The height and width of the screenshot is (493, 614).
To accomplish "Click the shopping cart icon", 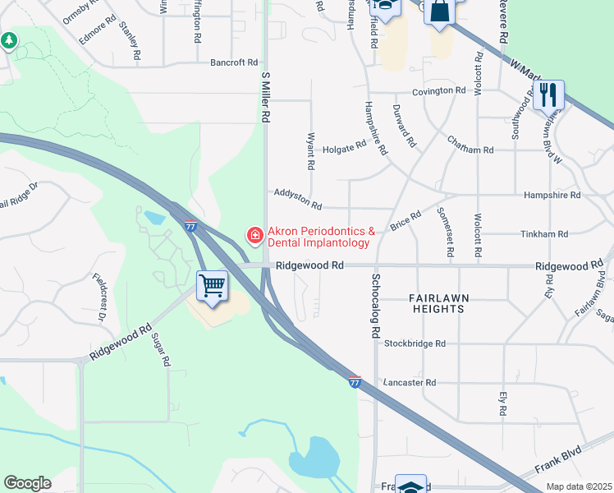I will pyautogui.click(x=213, y=287).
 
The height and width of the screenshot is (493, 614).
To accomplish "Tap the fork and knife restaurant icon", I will pyautogui.click(x=548, y=94).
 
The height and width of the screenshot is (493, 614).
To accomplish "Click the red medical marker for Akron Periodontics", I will pyautogui.click(x=255, y=236).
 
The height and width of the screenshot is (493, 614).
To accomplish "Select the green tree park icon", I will pyautogui.click(x=9, y=39).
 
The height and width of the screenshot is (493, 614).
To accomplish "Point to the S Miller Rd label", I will pyautogui.click(x=265, y=97).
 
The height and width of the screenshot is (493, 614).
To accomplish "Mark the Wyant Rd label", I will pyautogui.click(x=310, y=151).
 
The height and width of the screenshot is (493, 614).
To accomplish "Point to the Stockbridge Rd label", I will pyautogui.click(x=415, y=343).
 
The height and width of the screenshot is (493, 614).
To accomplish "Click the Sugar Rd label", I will pyautogui.click(x=161, y=350).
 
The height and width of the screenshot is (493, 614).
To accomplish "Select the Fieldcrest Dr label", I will pyautogui.click(x=100, y=297).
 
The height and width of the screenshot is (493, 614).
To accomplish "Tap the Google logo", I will pyautogui.click(x=27, y=483).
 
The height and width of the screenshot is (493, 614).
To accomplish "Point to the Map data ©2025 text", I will pyautogui.click(x=579, y=486).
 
